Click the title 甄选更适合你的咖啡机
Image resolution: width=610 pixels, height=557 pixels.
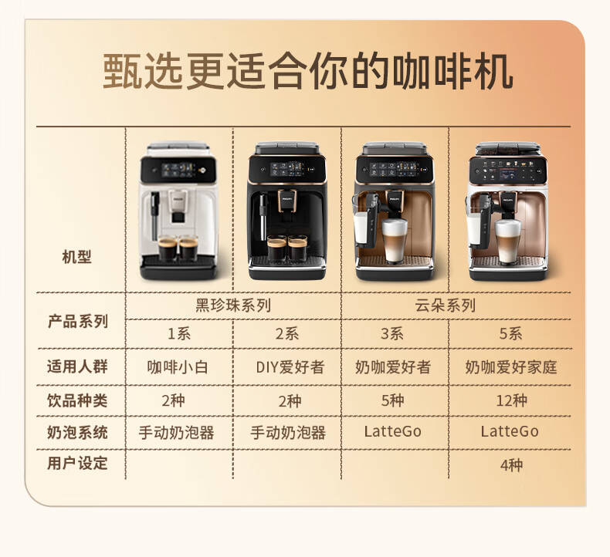point(308,72)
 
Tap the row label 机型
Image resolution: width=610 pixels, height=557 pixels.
point(76,257)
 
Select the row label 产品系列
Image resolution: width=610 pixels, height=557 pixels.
point(77,322)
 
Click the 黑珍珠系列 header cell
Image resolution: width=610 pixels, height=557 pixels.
point(233,306)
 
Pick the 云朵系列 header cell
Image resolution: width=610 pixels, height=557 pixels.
point(445,306)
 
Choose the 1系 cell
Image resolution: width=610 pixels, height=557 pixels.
point(179,333)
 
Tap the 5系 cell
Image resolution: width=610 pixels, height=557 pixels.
point(510,333)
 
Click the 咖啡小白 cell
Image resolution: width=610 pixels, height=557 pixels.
point(178,367)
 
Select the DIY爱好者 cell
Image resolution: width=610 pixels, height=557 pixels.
point(290,367)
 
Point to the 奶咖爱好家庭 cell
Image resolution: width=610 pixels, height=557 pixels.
point(511,367)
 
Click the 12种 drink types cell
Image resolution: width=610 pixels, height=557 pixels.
point(511,400)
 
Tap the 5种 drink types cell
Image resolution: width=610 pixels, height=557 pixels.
point(392,400)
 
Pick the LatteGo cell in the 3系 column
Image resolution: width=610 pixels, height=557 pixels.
point(392,431)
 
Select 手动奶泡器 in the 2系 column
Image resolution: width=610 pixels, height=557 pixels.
point(288,432)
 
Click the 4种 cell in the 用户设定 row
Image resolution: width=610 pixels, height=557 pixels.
point(511,465)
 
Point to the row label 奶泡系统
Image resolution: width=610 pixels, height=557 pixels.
point(77,432)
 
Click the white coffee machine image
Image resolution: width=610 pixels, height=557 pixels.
point(178,211)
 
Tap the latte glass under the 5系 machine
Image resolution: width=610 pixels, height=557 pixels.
point(507,241)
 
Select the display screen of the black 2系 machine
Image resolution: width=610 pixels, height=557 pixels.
point(287,169)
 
